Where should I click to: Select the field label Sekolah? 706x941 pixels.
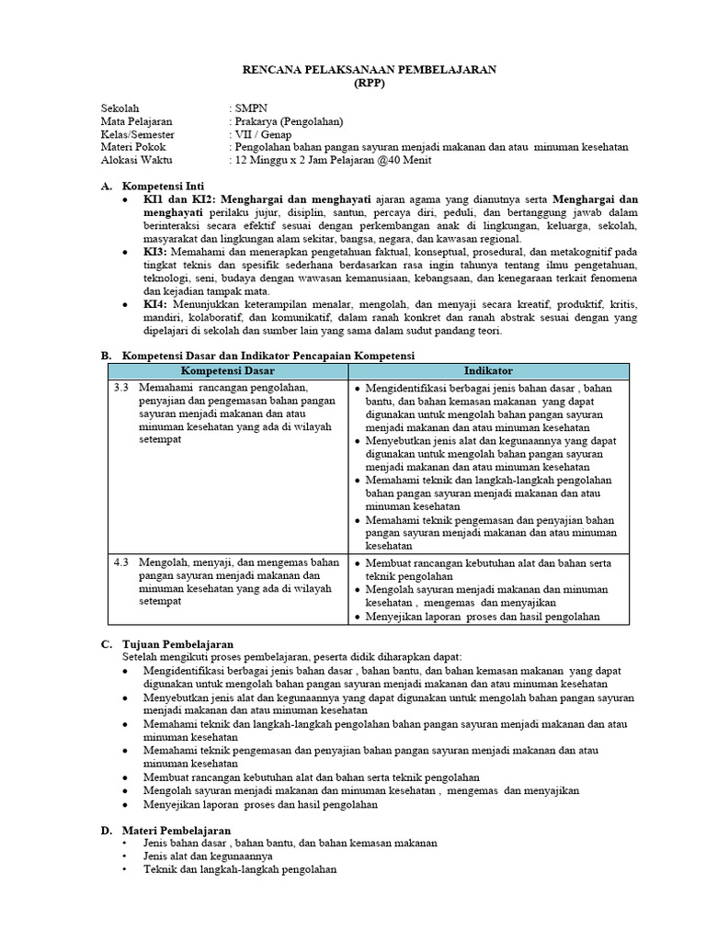[120, 108]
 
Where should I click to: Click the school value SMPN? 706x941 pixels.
[249, 108]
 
